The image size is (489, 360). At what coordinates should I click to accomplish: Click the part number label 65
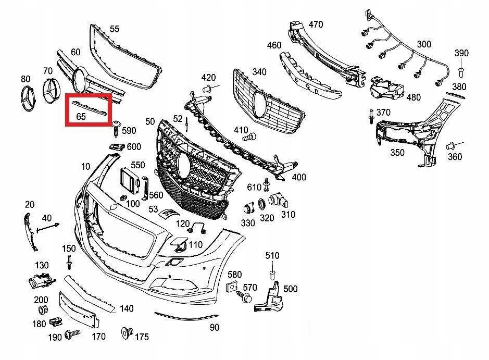pyautogui.click(x=81, y=117)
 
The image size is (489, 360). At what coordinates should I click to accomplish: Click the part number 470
pyautogui.click(x=316, y=24)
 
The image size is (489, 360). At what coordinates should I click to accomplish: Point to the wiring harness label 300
pyautogui.click(x=424, y=44)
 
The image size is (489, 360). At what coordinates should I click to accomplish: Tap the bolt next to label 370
pyautogui.click(x=371, y=117)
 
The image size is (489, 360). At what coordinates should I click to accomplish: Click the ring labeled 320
pyautogui.click(x=263, y=204)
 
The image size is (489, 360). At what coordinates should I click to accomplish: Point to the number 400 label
pyautogui.click(x=298, y=178)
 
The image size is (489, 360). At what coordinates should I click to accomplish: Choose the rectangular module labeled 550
pyautogui.click(x=128, y=179)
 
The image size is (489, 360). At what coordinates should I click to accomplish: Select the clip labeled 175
pyautogui.click(x=125, y=333)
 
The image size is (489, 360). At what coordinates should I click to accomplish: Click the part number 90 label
pyautogui.click(x=214, y=327)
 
